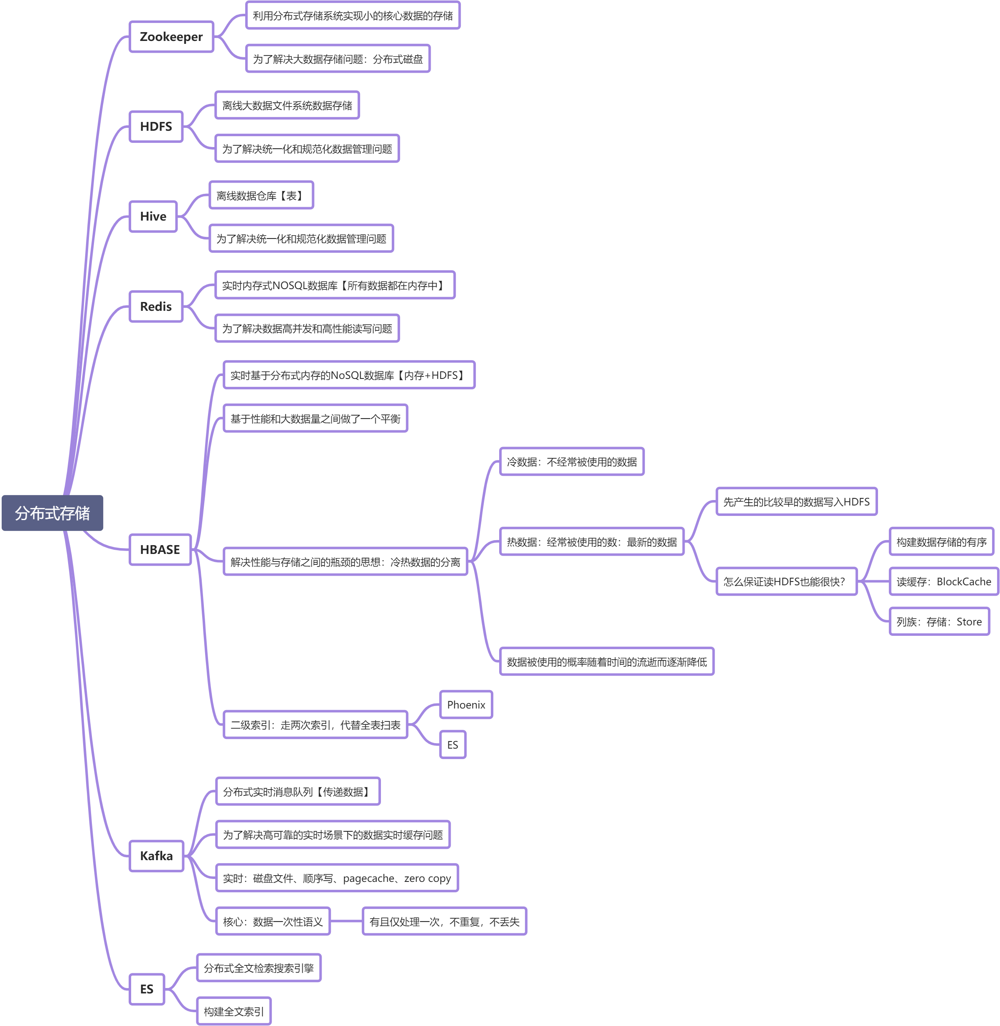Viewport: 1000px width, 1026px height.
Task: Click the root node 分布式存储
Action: click(x=53, y=513)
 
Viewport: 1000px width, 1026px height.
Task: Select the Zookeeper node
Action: click(x=171, y=37)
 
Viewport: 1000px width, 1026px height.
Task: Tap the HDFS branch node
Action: click(x=156, y=127)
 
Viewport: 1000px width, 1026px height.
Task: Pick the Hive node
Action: click(x=153, y=216)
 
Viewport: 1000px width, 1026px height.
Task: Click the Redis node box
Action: click(x=156, y=306)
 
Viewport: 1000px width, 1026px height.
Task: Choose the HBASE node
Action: click(x=160, y=549)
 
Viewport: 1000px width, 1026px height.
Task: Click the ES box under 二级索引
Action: click(x=453, y=744)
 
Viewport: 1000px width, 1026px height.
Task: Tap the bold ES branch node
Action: click(x=147, y=989)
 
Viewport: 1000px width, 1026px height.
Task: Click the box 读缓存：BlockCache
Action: click(x=944, y=582)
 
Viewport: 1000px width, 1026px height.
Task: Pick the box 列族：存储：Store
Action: click(x=939, y=622)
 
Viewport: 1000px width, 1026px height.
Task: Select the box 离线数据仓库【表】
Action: click(x=261, y=196)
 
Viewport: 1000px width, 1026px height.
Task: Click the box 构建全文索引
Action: click(x=234, y=1011)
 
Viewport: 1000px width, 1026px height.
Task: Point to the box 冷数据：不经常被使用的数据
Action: click(x=572, y=462)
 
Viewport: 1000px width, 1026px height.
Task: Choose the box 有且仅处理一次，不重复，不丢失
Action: click(x=444, y=922)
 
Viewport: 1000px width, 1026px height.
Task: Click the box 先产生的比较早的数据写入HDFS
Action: click(x=797, y=502)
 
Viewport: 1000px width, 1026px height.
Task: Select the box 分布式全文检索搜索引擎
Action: click(x=259, y=968)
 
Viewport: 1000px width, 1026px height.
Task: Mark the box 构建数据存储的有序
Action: click(x=942, y=542)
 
